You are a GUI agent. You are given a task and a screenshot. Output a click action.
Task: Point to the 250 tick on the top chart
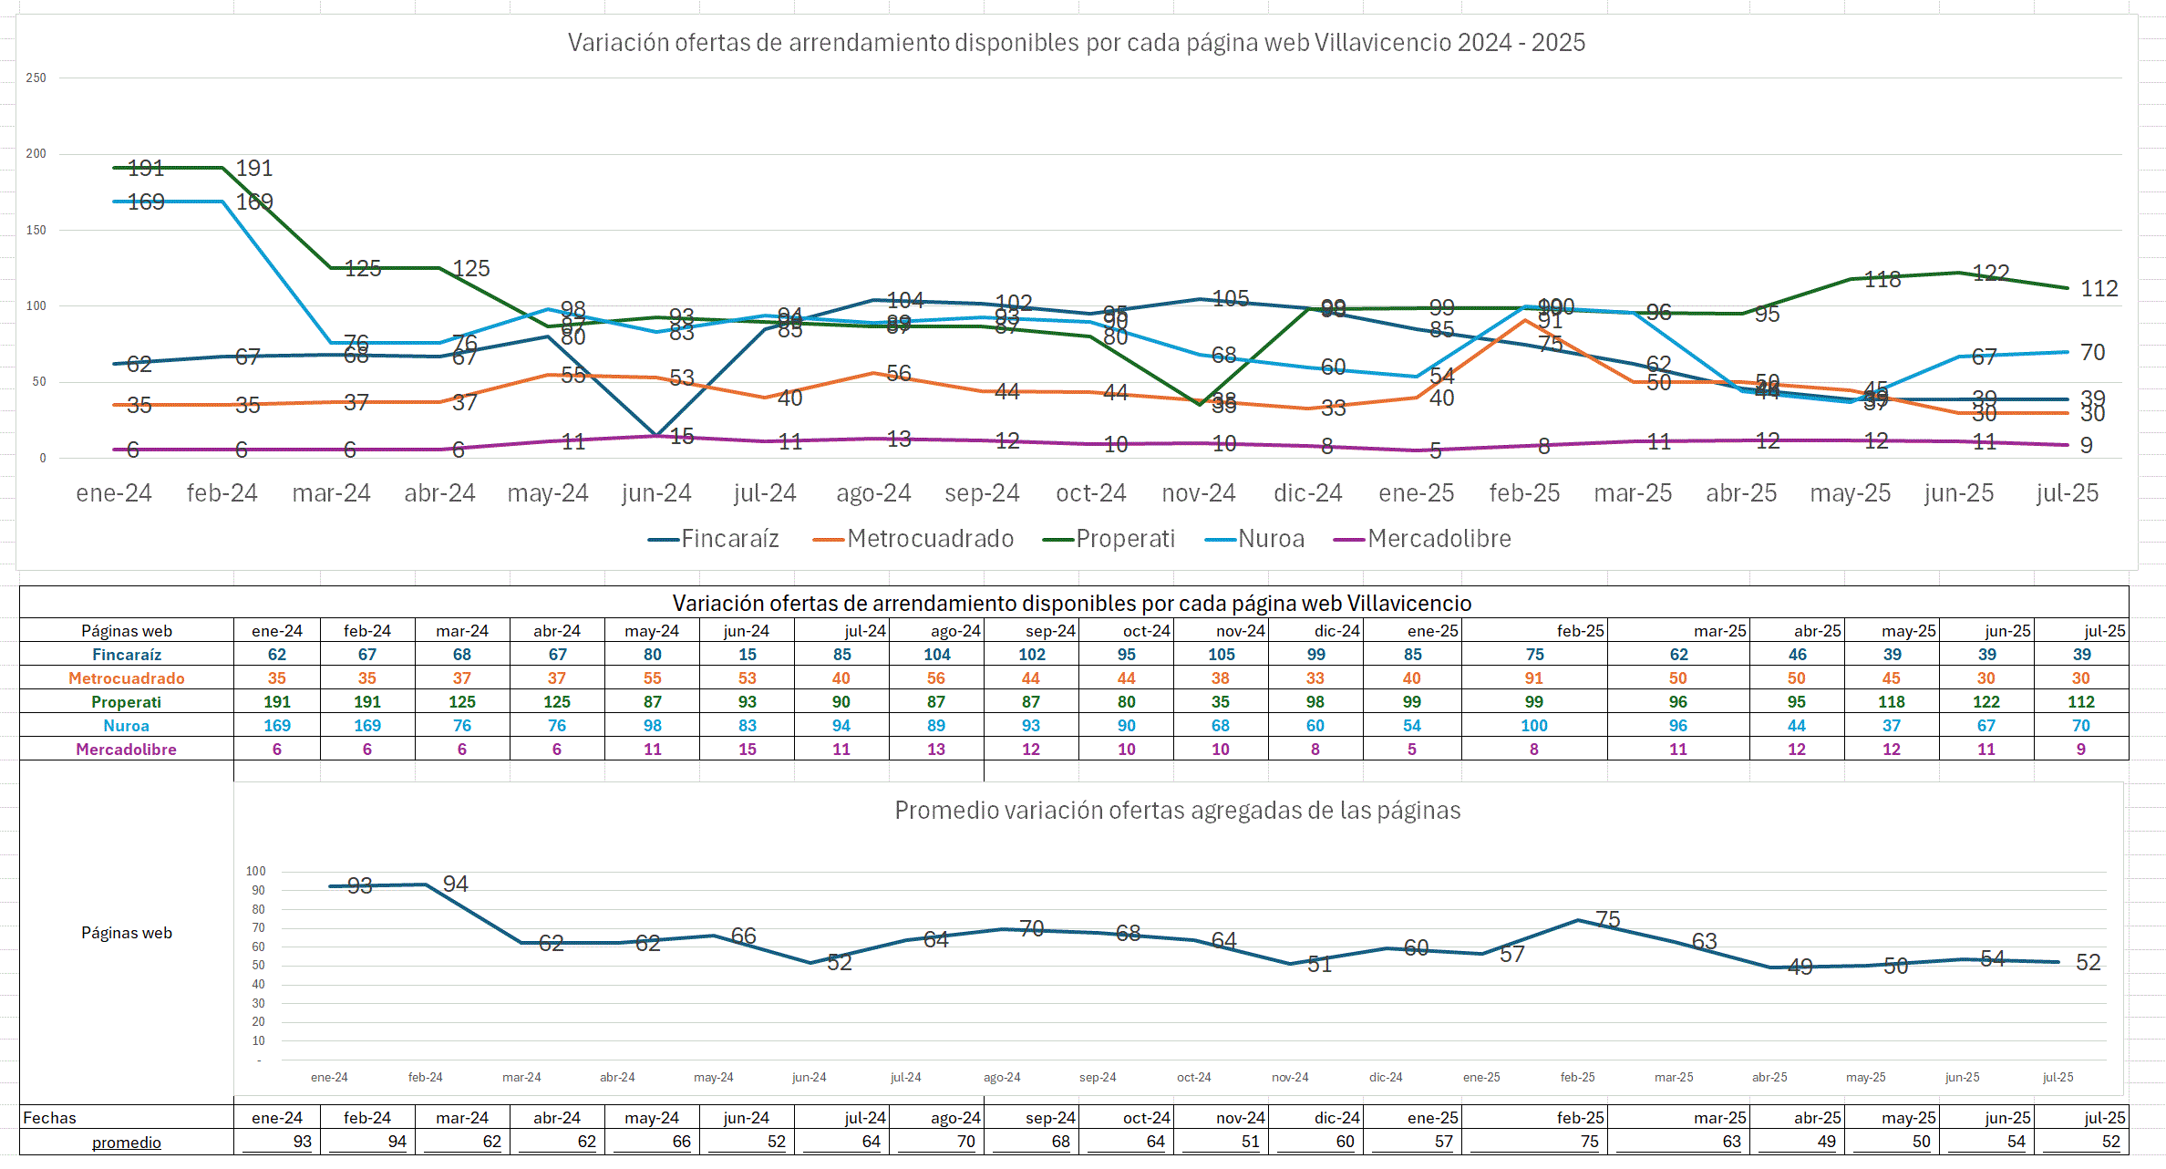[36, 78]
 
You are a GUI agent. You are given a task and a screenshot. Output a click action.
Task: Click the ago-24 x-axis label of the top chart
[873, 493]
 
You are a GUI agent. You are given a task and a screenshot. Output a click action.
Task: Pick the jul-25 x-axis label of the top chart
[2067, 493]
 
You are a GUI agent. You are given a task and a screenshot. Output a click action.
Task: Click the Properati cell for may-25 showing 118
[1892, 702]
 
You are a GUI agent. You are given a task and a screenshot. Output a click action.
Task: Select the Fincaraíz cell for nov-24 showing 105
[1221, 655]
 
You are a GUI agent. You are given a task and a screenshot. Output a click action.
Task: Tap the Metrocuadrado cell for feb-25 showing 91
[1534, 678]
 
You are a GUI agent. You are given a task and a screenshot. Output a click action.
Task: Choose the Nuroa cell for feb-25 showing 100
[1534, 726]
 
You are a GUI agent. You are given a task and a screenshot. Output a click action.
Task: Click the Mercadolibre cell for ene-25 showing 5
[1411, 750]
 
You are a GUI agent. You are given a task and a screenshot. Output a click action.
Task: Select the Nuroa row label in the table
[126, 726]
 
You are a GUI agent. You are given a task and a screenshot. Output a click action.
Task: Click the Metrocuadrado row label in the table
[126, 678]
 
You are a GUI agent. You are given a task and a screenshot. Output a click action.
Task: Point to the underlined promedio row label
[126, 1143]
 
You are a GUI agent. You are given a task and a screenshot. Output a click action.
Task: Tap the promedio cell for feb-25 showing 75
[1589, 1142]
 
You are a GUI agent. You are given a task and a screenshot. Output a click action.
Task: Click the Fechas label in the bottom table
[49, 1118]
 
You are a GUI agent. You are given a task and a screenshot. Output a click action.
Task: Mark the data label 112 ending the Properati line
[2099, 289]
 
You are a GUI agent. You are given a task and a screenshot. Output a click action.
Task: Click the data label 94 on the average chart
[455, 884]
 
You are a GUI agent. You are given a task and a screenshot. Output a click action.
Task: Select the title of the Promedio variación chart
[1177, 811]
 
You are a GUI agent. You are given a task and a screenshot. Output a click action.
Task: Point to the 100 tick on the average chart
[255, 872]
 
